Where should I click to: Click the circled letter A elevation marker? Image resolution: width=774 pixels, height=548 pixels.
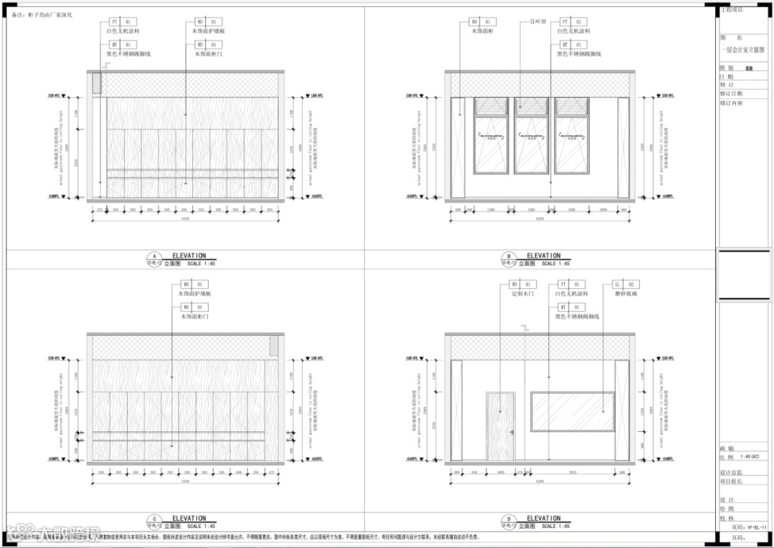coord(152,256)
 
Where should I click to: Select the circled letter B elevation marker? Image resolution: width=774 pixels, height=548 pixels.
coord(508,256)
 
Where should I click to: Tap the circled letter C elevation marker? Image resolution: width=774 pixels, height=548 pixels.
coord(152,519)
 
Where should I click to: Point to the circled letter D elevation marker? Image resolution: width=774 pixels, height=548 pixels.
coord(508,519)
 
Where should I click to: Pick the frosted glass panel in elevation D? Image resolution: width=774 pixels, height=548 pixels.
coord(573,412)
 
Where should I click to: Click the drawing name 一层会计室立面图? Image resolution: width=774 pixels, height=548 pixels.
coord(742,50)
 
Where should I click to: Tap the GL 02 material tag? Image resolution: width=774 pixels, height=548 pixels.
coord(623,284)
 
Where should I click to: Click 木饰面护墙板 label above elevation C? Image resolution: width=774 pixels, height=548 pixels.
coord(194,294)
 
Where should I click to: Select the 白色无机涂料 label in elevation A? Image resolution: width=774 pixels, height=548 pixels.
coord(123,32)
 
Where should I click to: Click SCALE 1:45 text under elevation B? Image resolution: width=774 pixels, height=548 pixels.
coord(557,264)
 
